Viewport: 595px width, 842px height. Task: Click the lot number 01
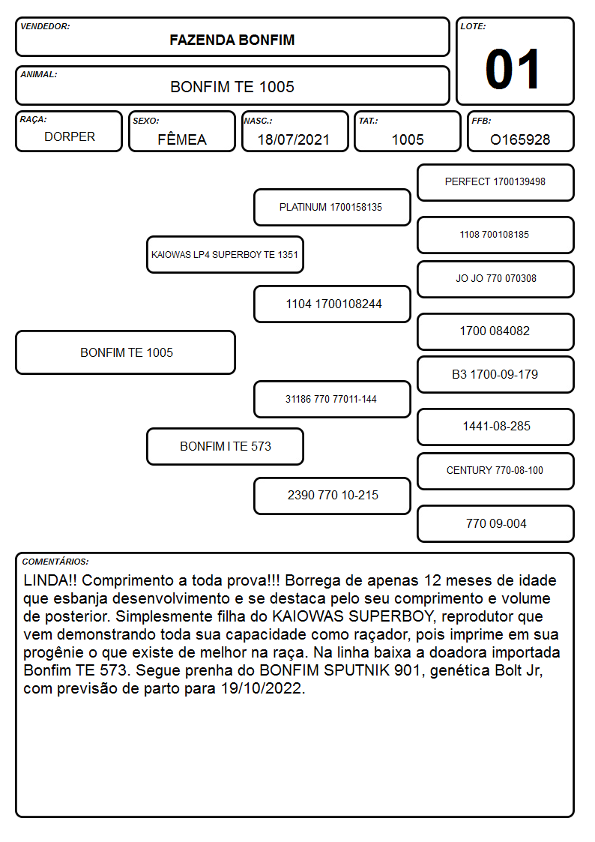tap(513, 69)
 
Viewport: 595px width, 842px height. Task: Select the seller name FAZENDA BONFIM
tap(232, 40)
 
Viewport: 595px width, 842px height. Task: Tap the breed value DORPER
tap(70, 137)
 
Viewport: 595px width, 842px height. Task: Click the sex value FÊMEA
tap(182, 139)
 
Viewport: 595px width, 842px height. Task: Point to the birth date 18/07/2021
tap(294, 139)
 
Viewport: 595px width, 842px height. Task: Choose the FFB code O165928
tap(520, 139)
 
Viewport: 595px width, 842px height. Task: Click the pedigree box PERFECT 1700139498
tap(495, 183)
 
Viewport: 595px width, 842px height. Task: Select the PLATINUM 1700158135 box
tap(332, 207)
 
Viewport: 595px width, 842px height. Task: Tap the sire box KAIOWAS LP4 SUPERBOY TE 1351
tap(225, 254)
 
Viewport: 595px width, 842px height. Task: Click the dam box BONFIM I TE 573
tap(225, 446)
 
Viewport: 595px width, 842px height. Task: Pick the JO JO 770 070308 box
tap(495, 279)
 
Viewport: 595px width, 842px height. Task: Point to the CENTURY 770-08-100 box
tap(495, 471)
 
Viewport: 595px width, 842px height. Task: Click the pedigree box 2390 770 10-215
tap(332, 496)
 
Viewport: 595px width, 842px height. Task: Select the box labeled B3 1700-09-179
tap(495, 374)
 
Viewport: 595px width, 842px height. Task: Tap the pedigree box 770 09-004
tap(495, 523)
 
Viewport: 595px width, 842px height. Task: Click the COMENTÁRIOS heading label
tap(55, 562)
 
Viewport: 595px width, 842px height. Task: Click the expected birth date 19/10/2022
tap(263, 688)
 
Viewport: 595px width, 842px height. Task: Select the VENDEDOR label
tap(45, 26)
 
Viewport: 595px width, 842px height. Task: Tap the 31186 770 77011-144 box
tap(332, 399)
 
